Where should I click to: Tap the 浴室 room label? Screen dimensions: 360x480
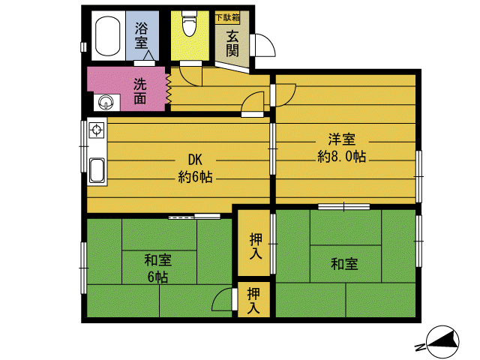pos(142,36)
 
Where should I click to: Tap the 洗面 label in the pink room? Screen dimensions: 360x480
pos(140,90)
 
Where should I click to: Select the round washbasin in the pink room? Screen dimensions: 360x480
pos(104,101)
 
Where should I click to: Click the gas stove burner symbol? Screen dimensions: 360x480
pos(97,132)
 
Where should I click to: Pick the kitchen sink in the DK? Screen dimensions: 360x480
pos(97,170)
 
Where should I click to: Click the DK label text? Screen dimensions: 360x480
pos(195,160)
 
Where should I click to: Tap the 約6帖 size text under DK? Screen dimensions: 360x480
pos(195,178)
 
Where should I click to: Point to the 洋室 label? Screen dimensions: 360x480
pos(341,139)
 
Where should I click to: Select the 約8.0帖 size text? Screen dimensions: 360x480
pos(341,157)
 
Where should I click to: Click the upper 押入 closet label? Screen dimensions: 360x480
pos(255,247)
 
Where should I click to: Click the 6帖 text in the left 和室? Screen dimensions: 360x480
pos(157,277)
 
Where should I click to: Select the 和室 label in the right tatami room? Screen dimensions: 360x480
pos(344,263)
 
